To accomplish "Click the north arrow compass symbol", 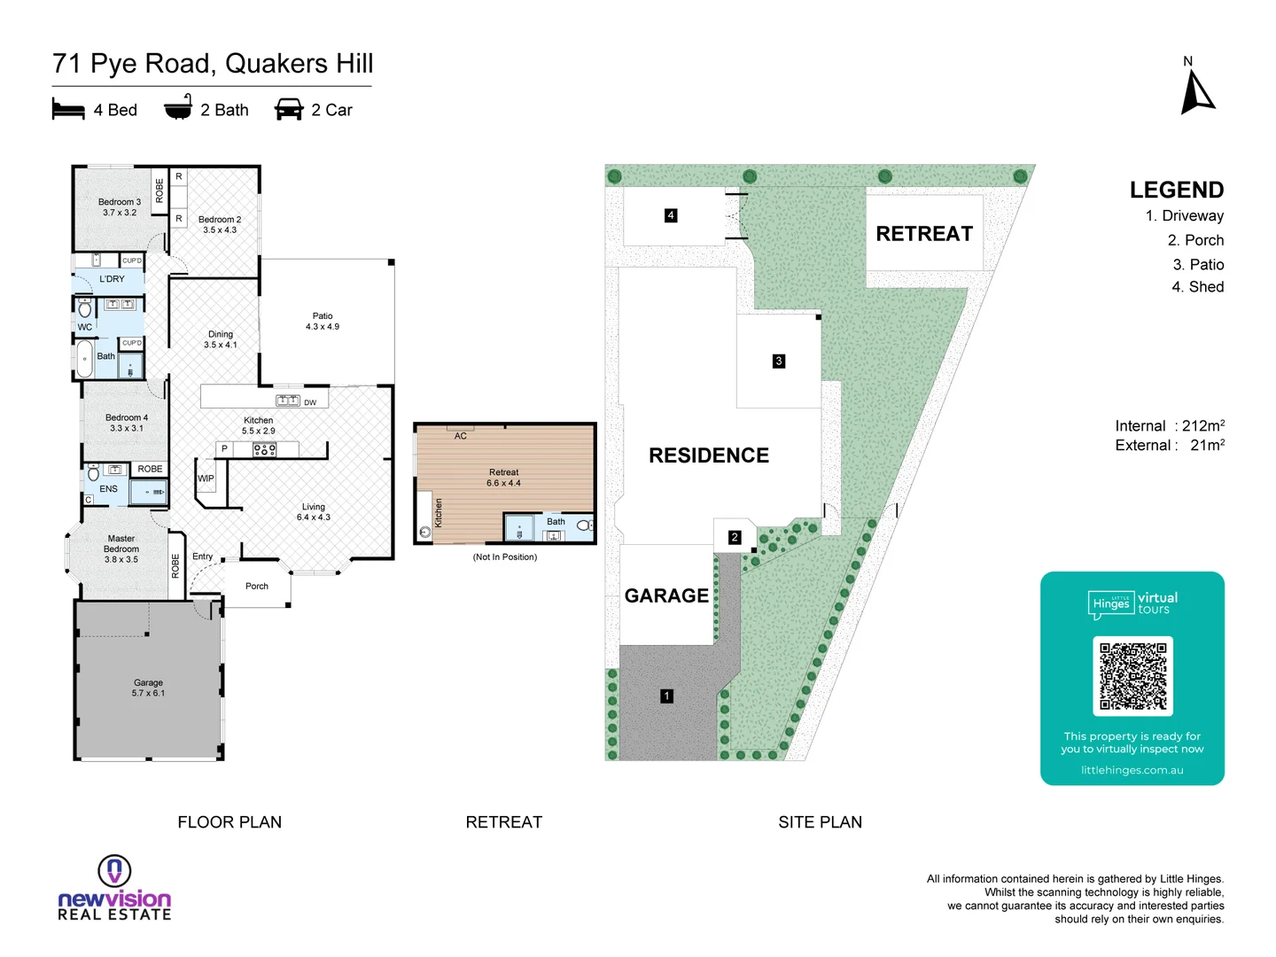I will click(1197, 92).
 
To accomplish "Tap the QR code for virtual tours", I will click(1132, 676).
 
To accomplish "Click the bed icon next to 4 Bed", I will click(68, 110).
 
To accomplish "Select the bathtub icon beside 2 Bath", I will click(178, 108).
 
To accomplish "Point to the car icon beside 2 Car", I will click(289, 110).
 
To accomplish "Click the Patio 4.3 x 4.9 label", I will click(323, 322).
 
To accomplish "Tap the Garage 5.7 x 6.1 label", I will click(148, 688).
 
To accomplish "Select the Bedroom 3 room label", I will click(119, 207).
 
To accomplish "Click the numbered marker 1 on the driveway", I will click(666, 696).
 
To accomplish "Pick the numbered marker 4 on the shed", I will click(671, 215).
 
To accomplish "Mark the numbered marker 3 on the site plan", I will click(779, 361).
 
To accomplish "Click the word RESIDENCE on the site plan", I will click(709, 455).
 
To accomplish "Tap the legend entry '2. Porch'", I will click(1195, 240).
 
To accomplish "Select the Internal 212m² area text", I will click(1169, 426).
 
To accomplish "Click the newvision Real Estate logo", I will click(114, 889).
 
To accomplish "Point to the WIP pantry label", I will click(206, 478).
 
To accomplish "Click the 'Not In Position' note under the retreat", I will click(505, 557).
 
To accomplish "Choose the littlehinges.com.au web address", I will click(1132, 770).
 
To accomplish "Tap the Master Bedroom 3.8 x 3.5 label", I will click(121, 549).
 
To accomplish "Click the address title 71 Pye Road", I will click(213, 64).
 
